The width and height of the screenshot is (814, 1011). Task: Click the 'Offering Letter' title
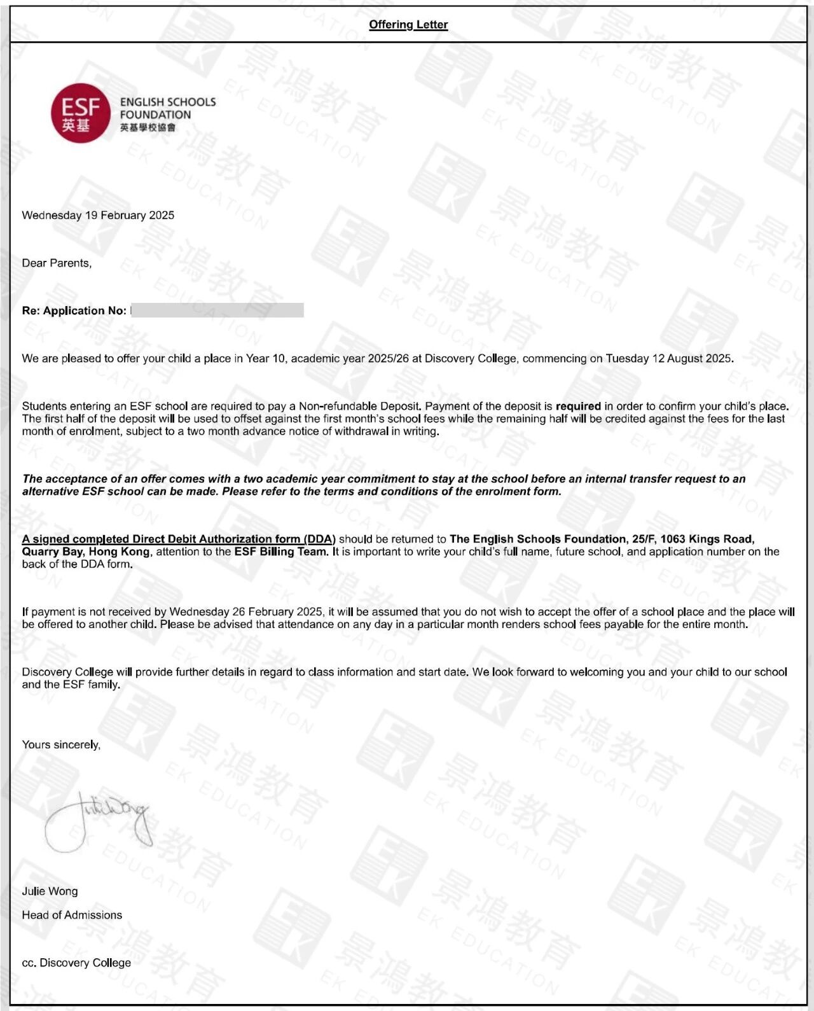[x=408, y=25]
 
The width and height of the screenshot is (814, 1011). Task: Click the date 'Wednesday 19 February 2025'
[x=98, y=215]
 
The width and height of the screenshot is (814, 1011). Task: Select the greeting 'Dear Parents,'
[x=57, y=263]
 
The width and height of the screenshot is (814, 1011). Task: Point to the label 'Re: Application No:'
[x=74, y=310]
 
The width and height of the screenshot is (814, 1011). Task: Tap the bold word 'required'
[x=578, y=406]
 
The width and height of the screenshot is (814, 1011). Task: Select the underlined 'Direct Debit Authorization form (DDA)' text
[x=178, y=539]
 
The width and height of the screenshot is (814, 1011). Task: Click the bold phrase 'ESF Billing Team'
[x=280, y=552]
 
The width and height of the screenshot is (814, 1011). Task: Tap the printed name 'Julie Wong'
[x=50, y=891]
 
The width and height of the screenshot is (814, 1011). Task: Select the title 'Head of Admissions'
[x=72, y=915]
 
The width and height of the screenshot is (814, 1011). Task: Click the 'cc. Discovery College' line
[x=76, y=963]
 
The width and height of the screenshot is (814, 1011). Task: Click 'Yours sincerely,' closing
[x=61, y=744]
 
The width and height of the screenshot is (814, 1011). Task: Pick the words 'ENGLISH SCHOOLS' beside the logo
[x=168, y=102]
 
